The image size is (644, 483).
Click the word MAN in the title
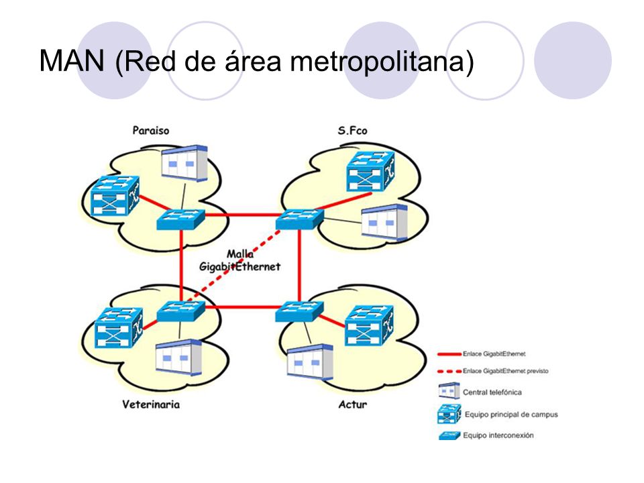72,61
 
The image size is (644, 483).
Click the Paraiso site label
151,131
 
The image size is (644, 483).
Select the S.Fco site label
352,131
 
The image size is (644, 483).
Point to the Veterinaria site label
151,405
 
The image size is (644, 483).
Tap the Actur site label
352,405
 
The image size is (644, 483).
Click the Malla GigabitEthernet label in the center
240,260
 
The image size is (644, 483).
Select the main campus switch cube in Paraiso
115,196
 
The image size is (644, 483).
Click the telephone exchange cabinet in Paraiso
184,162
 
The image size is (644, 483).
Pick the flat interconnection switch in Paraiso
180,219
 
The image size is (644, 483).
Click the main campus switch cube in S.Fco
370,171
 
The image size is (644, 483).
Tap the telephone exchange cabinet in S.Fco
384,222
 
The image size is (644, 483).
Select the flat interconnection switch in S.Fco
300,219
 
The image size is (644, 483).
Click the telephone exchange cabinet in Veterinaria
178,358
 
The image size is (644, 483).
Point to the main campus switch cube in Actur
369,325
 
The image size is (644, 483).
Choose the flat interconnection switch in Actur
299,311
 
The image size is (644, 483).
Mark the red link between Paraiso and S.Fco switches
240,215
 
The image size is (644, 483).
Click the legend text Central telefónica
492,392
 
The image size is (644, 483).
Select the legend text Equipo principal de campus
511,415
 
